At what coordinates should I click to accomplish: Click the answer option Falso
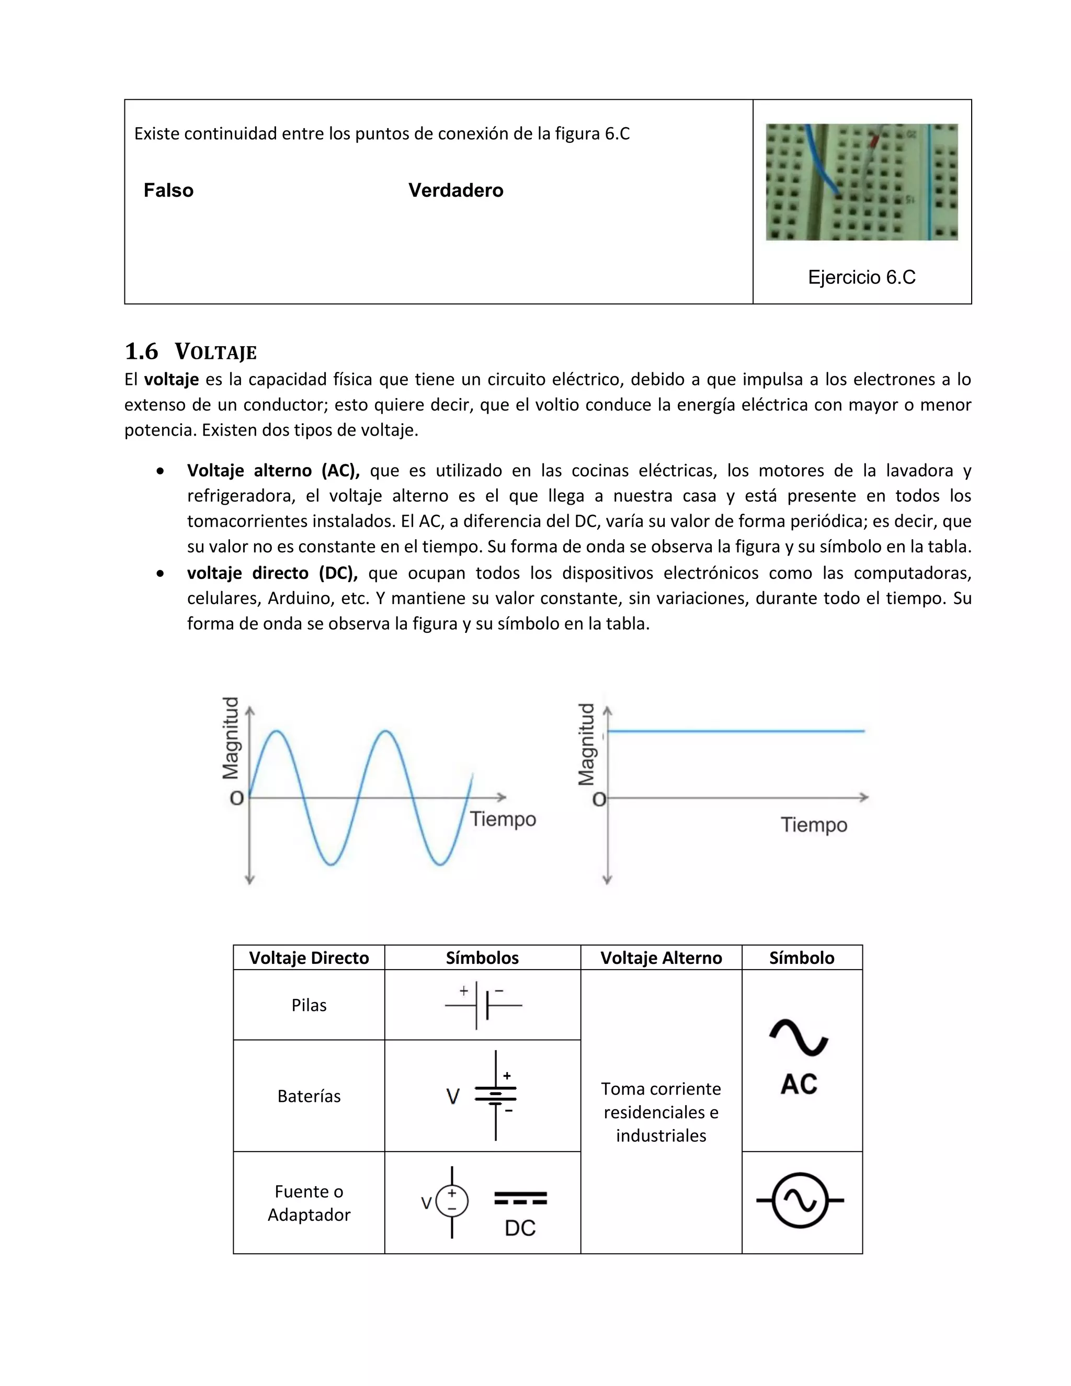pyautogui.click(x=168, y=190)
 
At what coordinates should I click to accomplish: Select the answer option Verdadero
pyautogui.click(x=455, y=190)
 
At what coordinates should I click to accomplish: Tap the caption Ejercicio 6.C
pyautogui.click(x=861, y=277)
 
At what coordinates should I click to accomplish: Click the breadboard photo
pyautogui.click(x=861, y=181)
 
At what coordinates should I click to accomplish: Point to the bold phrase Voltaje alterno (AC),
pyautogui.click(x=273, y=470)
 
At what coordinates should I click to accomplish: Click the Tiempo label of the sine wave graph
pyautogui.click(x=503, y=819)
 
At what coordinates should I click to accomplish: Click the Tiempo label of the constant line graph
pyautogui.click(x=813, y=824)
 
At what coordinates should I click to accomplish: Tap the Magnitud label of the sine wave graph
pyautogui.click(x=231, y=737)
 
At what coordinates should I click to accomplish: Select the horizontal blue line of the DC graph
pyautogui.click(x=736, y=731)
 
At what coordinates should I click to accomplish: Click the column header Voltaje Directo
pyautogui.click(x=309, y=958)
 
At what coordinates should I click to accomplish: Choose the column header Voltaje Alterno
pyautogui.click(x=660, y=958)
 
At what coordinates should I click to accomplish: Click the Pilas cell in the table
pyautogui.click(x=309, y=1005)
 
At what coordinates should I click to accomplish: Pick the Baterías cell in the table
pyautogui.click(x=309, y=1096)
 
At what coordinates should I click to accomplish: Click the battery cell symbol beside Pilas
pyautogui.click(x=482, y=1005)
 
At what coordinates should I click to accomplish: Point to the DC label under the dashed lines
pyautogui.click(x=520, y=1228)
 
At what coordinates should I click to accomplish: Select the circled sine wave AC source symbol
pyautogui.click(x=801, y=1200)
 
